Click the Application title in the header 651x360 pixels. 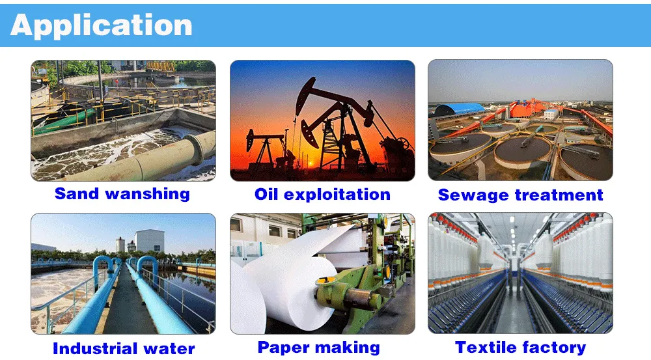[102, 25]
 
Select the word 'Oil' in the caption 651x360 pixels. [267, 194]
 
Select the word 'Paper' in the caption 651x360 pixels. [282, 347]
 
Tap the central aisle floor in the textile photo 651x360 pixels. [514, 312]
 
